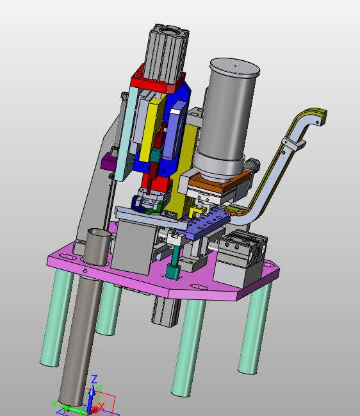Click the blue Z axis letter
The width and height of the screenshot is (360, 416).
tap(94, 379)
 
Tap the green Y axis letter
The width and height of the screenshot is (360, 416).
tap(54, 405)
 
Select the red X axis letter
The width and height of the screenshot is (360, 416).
tap(102, 406)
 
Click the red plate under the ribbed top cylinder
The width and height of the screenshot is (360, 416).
tap(158, 81)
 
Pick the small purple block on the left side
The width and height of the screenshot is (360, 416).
tap(108, 160)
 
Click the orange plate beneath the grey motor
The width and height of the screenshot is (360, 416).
tap(220, 182)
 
